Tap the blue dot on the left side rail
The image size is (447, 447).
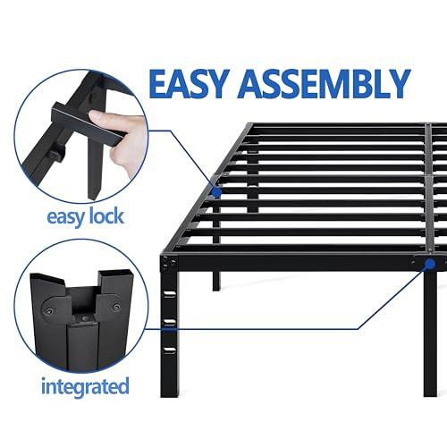coord(217,190)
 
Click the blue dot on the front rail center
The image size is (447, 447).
coord(430,266)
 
